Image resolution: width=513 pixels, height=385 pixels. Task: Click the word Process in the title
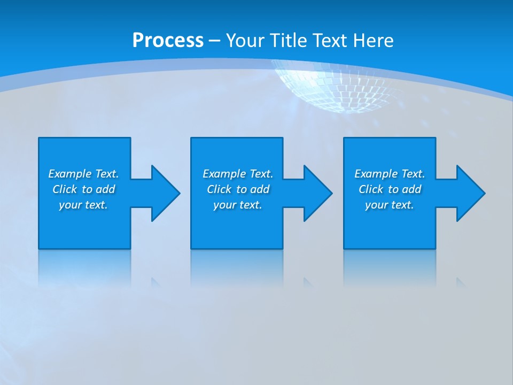168,41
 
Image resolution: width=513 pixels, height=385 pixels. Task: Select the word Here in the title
372,41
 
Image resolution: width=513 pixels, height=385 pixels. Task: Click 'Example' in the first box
69,174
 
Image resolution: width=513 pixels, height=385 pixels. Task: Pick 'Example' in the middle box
224,174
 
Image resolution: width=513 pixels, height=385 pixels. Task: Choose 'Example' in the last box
376,174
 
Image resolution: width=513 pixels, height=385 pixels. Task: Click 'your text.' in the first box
83,205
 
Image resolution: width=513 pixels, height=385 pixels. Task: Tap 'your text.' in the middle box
238,205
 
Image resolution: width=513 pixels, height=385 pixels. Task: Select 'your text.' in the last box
390,205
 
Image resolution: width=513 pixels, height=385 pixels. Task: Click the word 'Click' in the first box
65,189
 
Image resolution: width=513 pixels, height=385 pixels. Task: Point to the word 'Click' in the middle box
219,189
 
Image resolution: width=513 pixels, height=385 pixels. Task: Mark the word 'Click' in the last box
371,189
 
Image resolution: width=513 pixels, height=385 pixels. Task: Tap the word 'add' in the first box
105,189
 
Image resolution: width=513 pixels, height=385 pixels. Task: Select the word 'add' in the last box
411,189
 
